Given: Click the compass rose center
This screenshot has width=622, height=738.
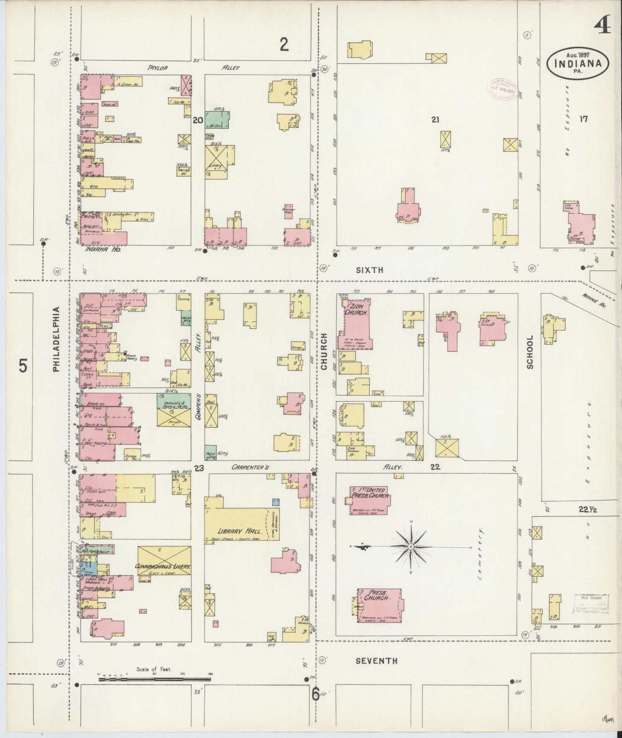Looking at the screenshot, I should pyautogui.click(x=411, y=546).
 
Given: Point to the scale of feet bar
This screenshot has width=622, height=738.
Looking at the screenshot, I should pyautogui.click(x=155, y=679).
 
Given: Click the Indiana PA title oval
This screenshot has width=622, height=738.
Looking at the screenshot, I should pyautogui.click(x=578, y=63).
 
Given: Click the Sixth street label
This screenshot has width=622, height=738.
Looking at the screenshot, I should pyautogui.click(x=369, y=270).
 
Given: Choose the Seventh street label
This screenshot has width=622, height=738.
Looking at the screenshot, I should pyautogui.click(x=376, y=660).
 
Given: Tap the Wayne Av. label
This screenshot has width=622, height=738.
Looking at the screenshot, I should pyautogui.click(x=593, y=300).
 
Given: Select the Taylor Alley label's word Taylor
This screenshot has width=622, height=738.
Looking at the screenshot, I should pyautogui.click(x=157, y=68).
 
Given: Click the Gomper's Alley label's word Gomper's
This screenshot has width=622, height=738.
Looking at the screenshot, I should pyautogui.click(x=199, y=406).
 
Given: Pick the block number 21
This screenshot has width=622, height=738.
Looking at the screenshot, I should pyautogui.click(x=435, y=120).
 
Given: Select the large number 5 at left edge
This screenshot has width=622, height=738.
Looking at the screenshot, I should pyautogui.click(x=23, y=366).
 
